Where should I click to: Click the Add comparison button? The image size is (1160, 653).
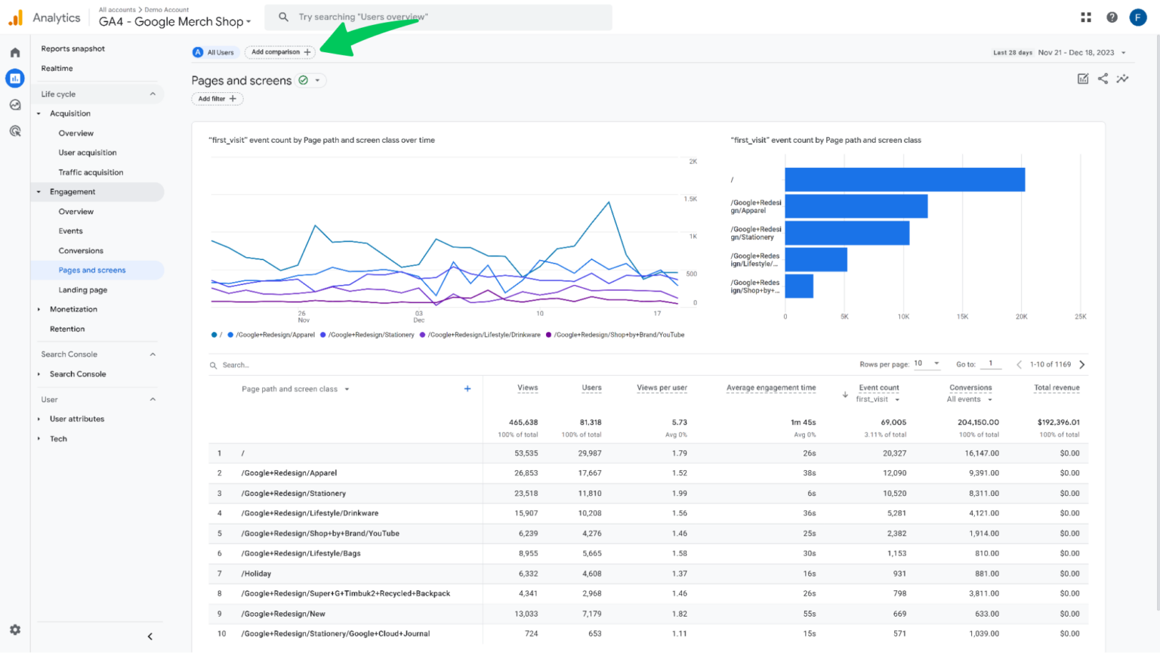[x=280, y=52]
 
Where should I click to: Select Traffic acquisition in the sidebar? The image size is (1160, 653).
[x=91, y=172]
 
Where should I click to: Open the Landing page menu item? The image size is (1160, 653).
[x=83, y=290]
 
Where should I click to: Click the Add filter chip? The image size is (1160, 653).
[x=217, y=99]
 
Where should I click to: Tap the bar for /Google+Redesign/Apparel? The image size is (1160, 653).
[x=856, y=206]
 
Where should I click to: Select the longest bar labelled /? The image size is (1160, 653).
[x=905, y=180]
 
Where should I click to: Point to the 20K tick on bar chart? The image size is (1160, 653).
[x=1021, y=317]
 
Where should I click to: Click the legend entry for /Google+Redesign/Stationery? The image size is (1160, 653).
[x=371, y=335]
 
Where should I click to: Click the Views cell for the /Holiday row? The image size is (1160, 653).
[x=528, y=574]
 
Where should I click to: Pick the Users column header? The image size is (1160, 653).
[x=591, y=388]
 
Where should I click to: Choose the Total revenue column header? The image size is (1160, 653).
[x=1056, y=388]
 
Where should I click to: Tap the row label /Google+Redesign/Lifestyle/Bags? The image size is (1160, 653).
[x=301, y=553]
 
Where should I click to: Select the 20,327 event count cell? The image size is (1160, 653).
[x=894, y=453]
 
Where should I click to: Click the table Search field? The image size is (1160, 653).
[x=302, y=365]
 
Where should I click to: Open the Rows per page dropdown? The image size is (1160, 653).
[x=927, y=364]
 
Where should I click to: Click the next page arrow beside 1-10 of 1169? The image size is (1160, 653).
[x=1082, y=364]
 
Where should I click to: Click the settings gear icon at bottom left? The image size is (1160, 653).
[x=15, y=630]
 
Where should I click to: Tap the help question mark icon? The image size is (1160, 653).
[x=1112, y=17]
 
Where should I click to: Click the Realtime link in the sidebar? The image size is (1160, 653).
[x=57, y=69]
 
